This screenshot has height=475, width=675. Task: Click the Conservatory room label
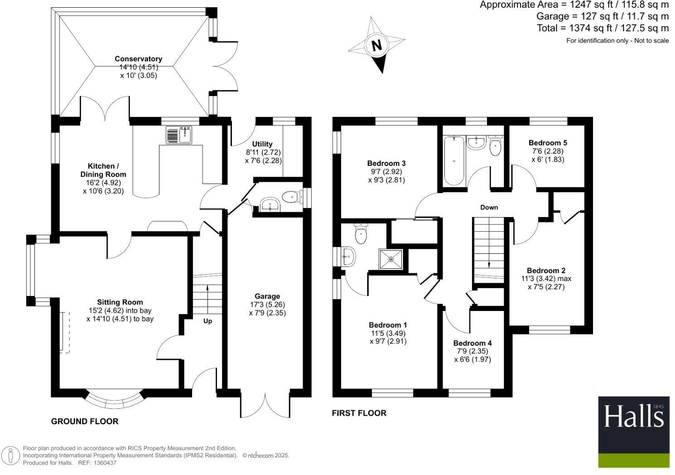point(138,59)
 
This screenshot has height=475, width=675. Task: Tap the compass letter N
point(376,45)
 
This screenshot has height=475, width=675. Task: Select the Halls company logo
point(633,431)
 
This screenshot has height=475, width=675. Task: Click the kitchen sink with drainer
point(179,135)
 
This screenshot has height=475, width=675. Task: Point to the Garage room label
point(267,296)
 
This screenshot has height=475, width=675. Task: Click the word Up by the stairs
point(207,321)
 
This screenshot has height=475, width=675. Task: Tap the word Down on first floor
point(489,207)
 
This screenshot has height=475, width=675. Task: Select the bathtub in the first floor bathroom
point(453,161)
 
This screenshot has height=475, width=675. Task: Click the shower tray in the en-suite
point(391,259)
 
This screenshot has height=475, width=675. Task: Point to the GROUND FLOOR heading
point(85,422)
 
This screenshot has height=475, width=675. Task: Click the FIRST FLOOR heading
point(359,413)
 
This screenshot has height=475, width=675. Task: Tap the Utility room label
point(262,144)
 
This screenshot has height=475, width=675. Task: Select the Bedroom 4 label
point(472,343)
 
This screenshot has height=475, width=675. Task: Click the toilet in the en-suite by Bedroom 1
point(361,233)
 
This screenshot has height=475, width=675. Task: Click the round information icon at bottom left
point(11,456)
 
